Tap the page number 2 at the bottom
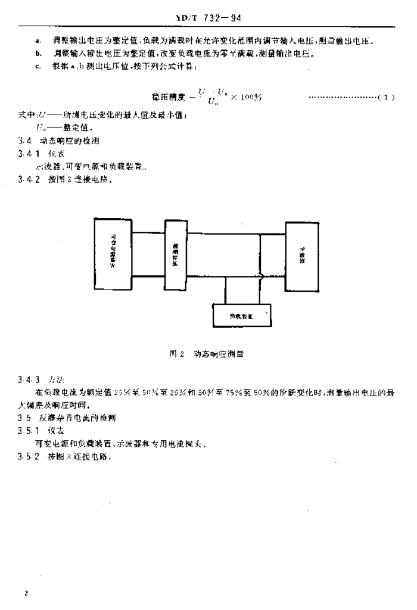pos(26,593)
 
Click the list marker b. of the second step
pos(38,53)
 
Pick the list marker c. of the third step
pos(38,66)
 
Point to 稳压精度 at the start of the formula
pos(166,97)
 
